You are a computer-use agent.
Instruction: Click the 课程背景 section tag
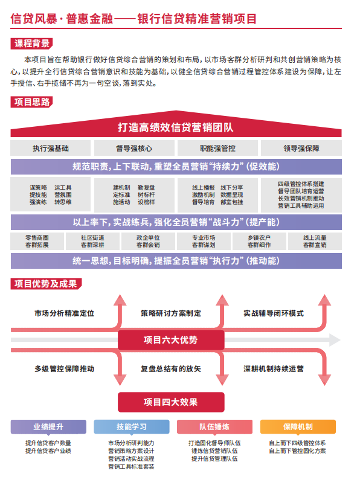[x=31, y=43]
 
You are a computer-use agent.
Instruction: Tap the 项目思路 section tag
[x=31, y=102]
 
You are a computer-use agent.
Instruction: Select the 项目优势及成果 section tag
[x=46, y=283]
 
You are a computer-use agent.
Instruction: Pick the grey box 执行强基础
[x=50, y=148]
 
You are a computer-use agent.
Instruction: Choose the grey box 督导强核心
[x=134, y=148]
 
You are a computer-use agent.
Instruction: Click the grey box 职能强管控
[x=217, y=148]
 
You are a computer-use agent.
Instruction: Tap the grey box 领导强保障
[x=301, y=148]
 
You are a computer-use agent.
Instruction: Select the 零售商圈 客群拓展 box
[x=37, y=241]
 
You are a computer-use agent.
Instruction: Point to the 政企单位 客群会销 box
[x=148, y=241]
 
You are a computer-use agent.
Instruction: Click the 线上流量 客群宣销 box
[x=315, y=241]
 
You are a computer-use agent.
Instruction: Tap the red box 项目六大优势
[x=171, y=340]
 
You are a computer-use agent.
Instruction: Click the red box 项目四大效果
[x=171, y=402]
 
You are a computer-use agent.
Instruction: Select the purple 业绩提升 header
[x=48, y=426]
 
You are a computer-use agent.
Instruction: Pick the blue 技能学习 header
[x=132, y=426]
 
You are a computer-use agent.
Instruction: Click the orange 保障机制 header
[x=298, y=426]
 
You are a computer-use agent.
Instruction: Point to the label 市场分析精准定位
[x=65, y=313]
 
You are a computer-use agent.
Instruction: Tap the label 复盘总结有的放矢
[x=171, y=369]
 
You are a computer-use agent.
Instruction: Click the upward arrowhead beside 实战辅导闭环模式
[x=324, y=300]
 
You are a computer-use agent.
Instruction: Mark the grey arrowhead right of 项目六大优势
[x=335, y=340]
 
